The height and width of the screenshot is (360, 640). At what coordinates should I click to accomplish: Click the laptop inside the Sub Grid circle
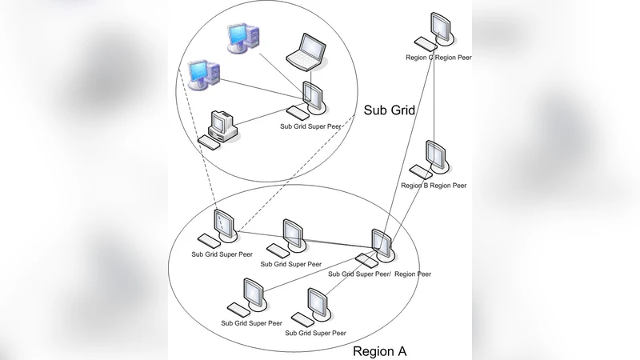click(306, 51)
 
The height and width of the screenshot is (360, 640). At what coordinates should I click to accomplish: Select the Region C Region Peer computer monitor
click(439, 28)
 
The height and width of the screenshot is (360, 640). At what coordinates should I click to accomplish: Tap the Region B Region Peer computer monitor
click(435, 156)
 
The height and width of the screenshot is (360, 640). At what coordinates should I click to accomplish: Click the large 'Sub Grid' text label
click(389, 110)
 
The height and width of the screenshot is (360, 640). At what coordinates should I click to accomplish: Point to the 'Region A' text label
click(381, 350)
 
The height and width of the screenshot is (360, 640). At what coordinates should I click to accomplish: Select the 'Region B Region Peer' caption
click(434, 186)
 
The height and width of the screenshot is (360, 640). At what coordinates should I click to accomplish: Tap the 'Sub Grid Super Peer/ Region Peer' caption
click(380, 274)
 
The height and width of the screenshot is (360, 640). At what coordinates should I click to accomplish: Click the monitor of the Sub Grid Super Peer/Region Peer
click(382, 245)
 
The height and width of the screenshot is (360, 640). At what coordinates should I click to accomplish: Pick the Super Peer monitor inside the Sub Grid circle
click(312, 98)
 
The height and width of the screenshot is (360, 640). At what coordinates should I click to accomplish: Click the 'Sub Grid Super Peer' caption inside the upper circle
click(311, 126)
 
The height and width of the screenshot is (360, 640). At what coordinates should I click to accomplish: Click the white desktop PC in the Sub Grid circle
click(220, 124)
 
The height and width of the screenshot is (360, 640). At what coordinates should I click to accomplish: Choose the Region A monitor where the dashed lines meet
click(224, 224)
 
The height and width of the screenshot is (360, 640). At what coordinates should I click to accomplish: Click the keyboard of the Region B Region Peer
click(419, 170)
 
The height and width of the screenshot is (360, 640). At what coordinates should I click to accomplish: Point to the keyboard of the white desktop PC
click(210, 142)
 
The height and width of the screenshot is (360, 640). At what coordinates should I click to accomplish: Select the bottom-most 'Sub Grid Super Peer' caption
click(315, 333)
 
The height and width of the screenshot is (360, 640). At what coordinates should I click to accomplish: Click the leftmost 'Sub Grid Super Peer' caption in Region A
click(222, 254)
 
